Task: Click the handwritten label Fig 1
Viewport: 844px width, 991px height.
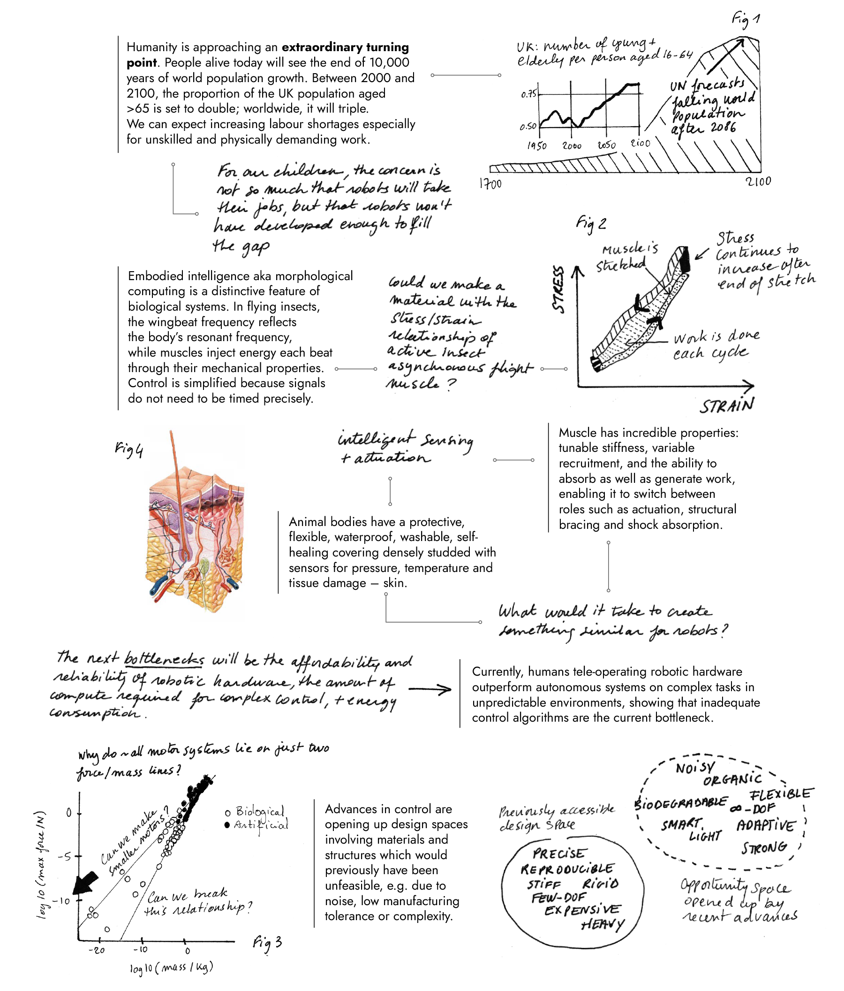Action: pyautogui.click(x=746, y=20)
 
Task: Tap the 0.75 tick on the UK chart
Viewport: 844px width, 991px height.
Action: pyautogui.click(x=528, y=94)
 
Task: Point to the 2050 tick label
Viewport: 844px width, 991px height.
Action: pyautogui.click(x=606, y=145)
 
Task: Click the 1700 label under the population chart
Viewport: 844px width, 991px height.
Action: pyautogui.click(x=490, y=183)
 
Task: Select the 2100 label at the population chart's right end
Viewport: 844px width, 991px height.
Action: pyautogui.click(x=758, y=181)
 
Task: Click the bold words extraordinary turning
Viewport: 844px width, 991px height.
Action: pyautogui.click(x=345, y=47)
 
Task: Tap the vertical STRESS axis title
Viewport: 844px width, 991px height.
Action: pyautogui.click(x=558, y=290)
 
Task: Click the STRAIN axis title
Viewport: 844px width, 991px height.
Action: pyautogui.click(x=727, y=405)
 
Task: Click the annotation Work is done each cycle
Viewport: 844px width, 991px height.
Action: pyautogui.click(x=716, y=345)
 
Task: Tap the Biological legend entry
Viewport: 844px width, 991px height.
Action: pyautogui.click(x=256, y=812)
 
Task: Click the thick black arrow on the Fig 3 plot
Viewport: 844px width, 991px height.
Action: pyautogui.click(x=85, y=883)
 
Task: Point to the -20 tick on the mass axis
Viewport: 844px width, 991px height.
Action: pyautogui.click(x=97, y=950)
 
